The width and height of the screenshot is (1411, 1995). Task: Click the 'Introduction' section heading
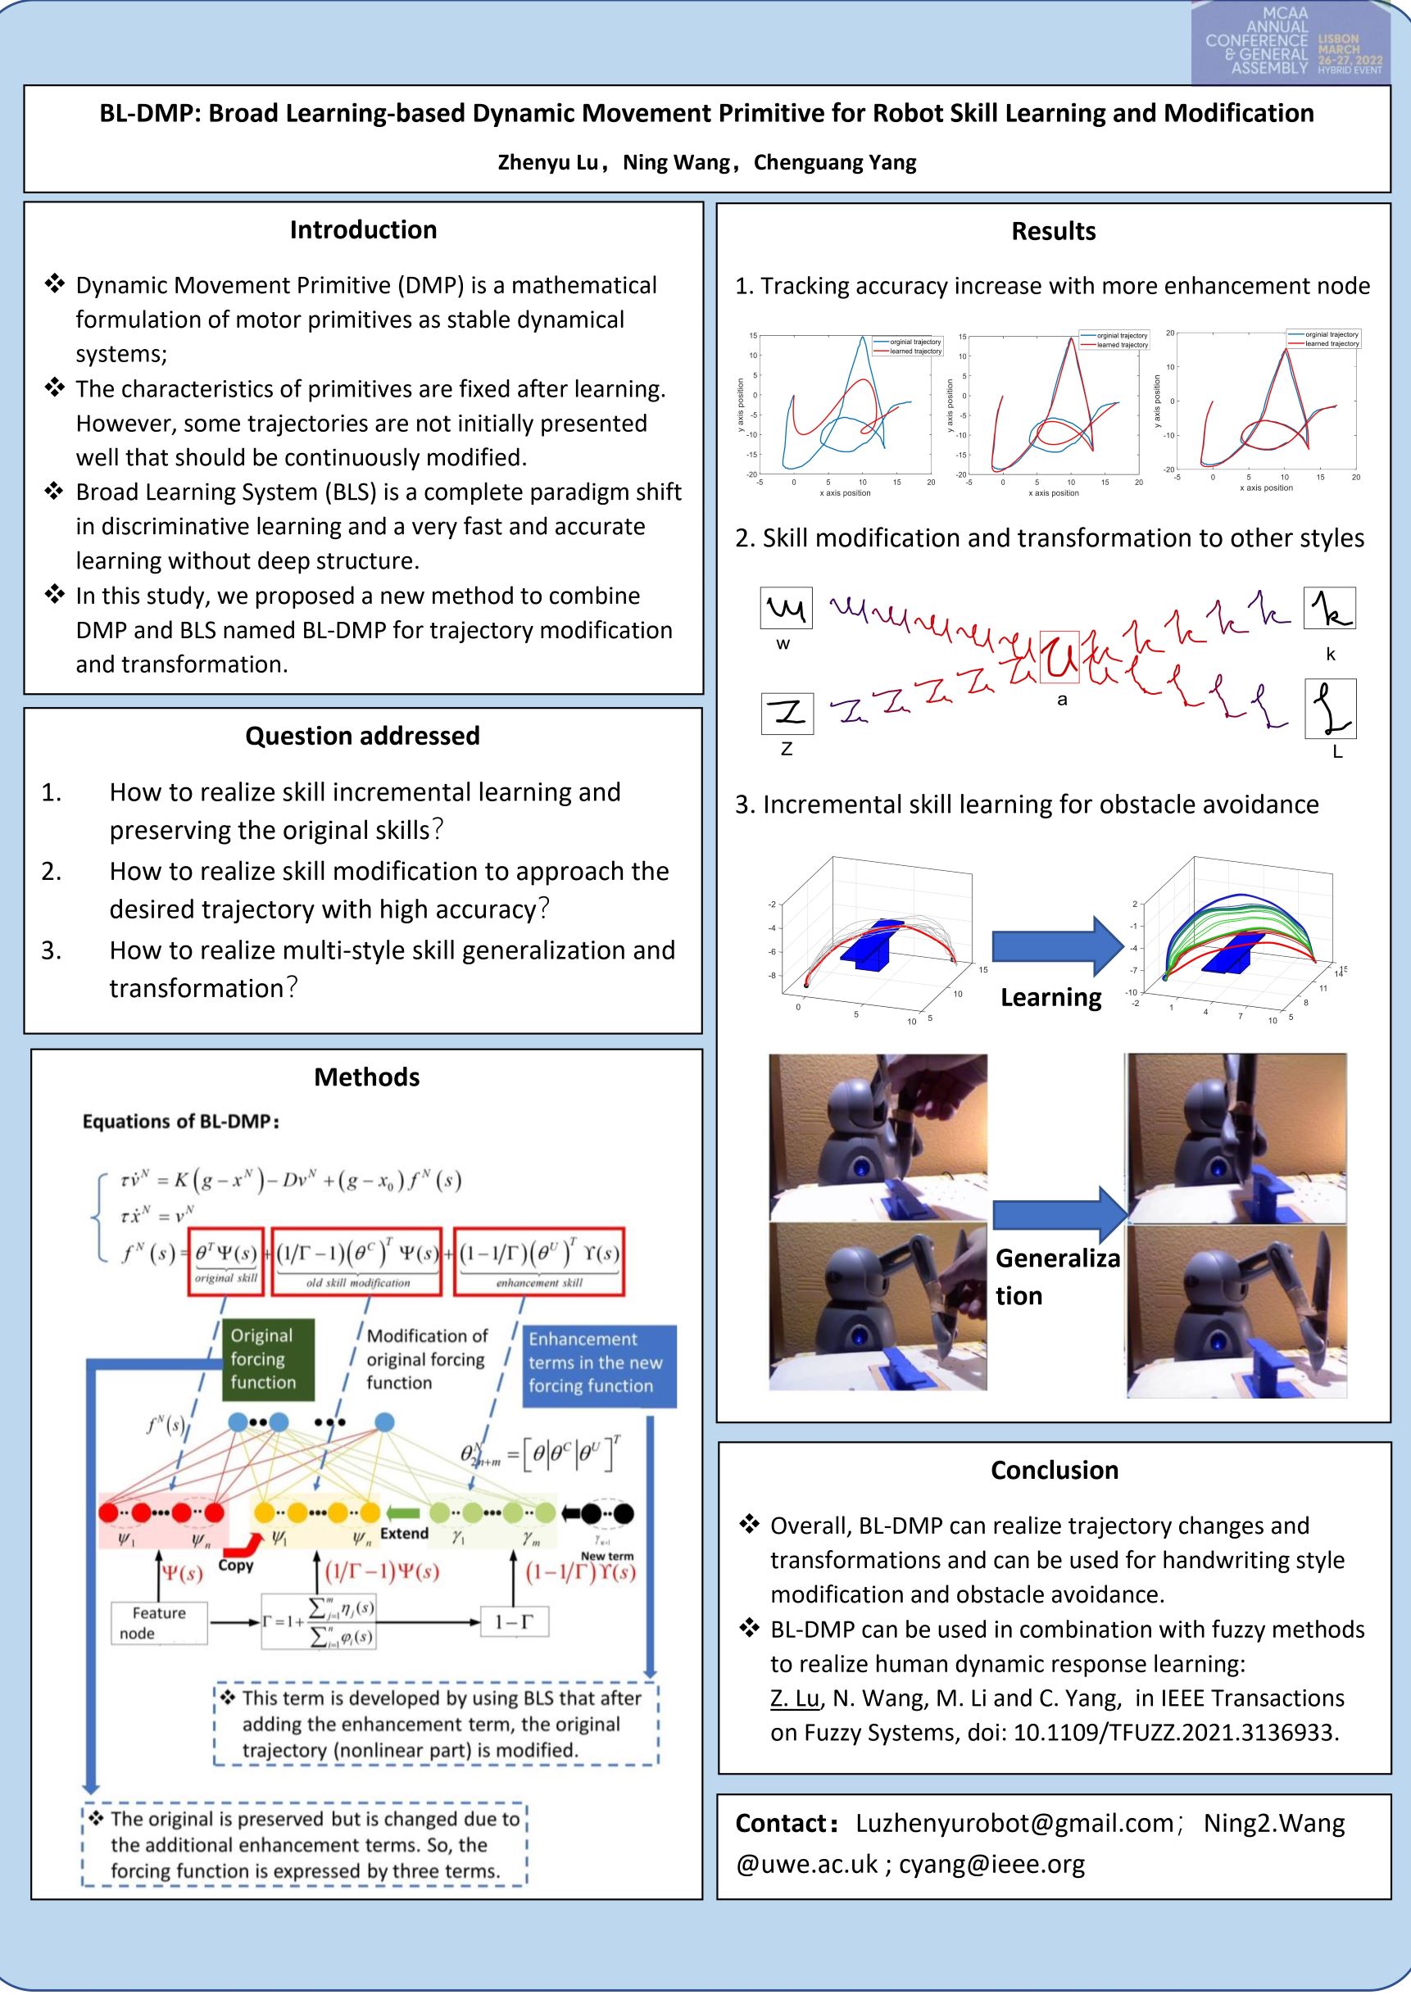click(363, 230)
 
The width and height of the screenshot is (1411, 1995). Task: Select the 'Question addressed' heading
click(362, 736)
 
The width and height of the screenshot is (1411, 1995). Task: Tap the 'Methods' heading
click(366, 1077)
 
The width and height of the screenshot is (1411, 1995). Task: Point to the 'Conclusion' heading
click(1054, 1470)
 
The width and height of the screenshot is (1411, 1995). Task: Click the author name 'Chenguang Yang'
click(834, 162)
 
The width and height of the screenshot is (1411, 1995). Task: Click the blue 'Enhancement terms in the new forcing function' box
click(600, 1362)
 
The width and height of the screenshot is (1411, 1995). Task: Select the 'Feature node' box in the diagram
click(159, 1622)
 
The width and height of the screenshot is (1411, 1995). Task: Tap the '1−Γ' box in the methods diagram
click(515, 1621)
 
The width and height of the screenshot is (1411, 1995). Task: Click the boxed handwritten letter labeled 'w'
click(786, 607)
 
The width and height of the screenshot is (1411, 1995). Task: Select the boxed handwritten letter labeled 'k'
click(1329, 607)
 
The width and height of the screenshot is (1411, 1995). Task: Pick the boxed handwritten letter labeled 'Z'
click(787, 713)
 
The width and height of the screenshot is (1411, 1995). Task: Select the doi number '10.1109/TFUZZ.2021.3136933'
click(1175, 1732)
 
